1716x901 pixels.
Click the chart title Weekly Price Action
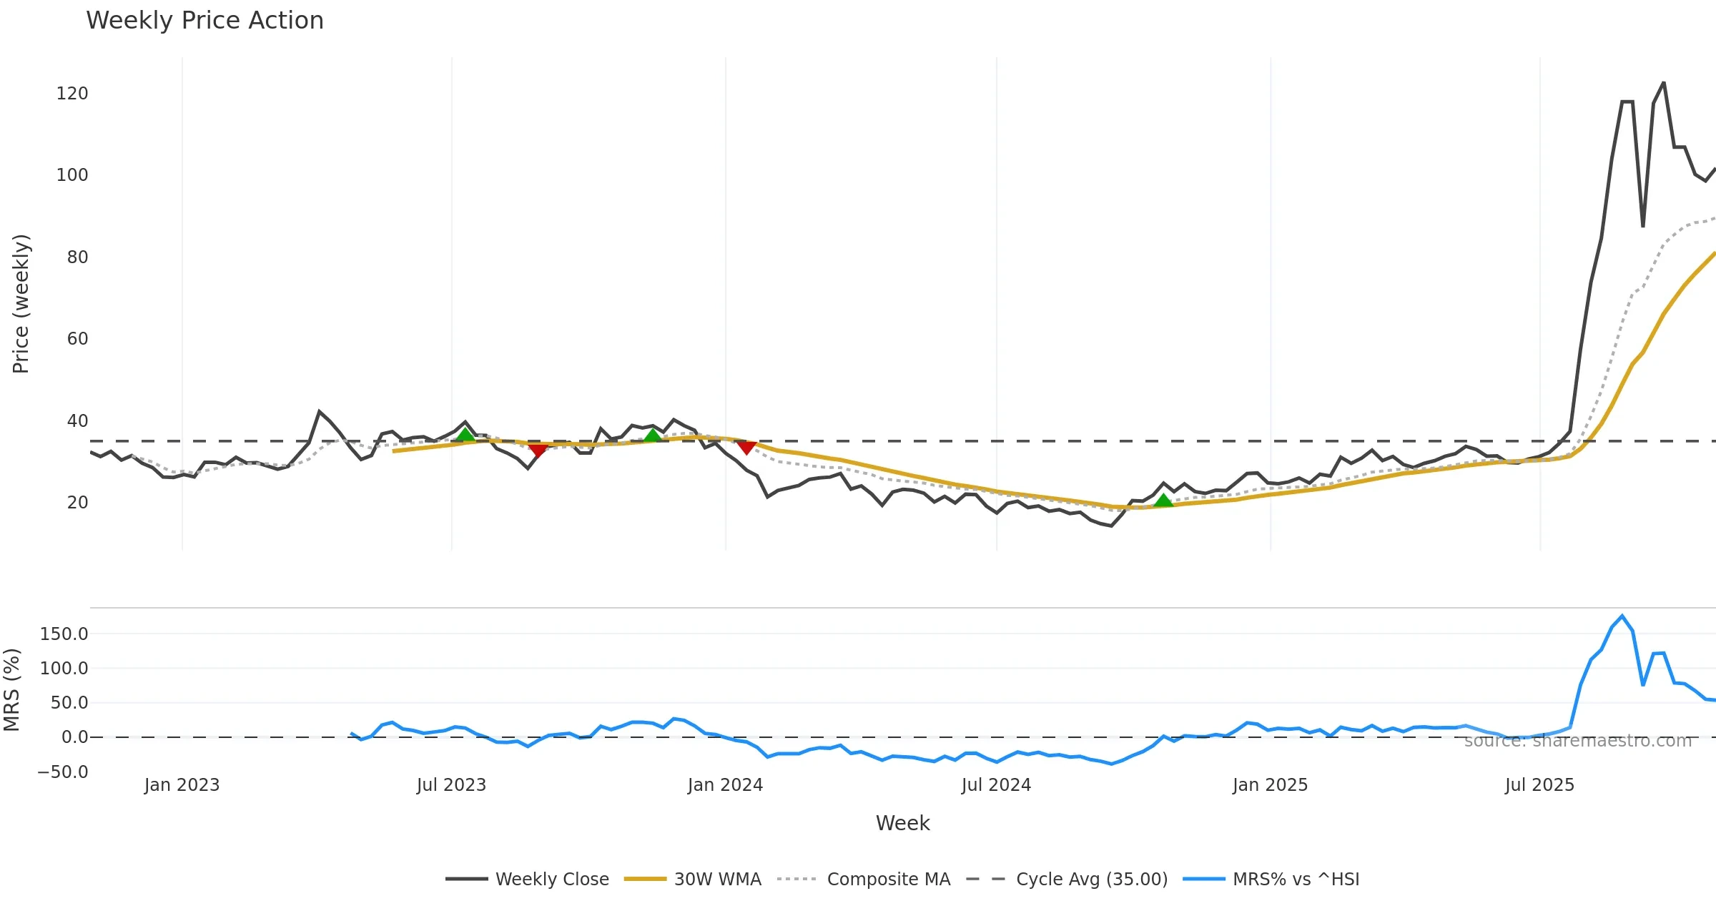point(204,21)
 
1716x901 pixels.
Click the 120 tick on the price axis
point(72,94)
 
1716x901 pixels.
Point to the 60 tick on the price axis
point(77,339)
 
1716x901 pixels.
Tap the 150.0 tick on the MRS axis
point(64,634)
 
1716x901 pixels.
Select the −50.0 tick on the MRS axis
point(63,772)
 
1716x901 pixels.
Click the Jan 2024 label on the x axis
point(725,785)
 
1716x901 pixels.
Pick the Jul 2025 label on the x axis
point(1539,785)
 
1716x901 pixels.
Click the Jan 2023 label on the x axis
point(182,785)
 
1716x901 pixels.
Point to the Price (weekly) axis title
point(21,304)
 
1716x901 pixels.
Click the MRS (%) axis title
point(11,690)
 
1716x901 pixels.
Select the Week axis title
point(902,824)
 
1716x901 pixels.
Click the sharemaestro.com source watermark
point(1578,741)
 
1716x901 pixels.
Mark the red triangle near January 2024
point(746,448)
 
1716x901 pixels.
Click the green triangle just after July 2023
point(465,435)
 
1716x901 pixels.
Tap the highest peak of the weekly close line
point(1664,83)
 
